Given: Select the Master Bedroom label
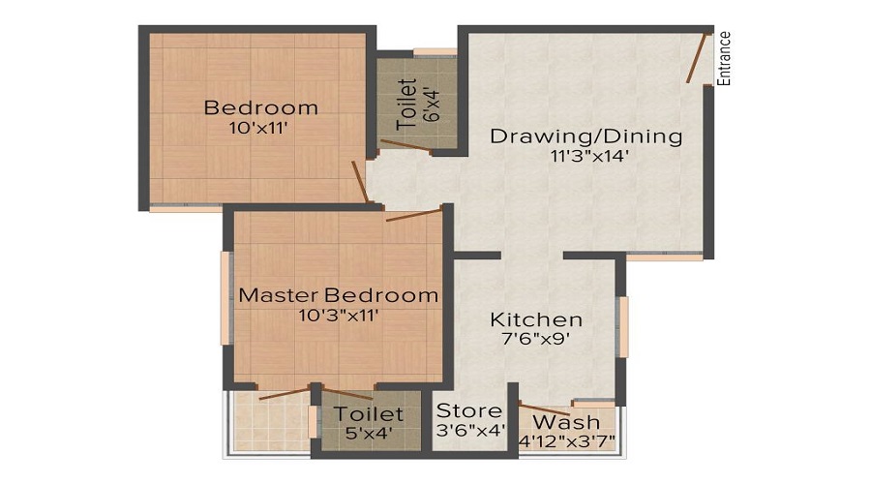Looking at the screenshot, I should tap(338, 295).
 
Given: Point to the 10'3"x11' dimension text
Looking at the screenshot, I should tap(338, 314).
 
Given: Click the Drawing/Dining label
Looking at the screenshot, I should tap(586, 136).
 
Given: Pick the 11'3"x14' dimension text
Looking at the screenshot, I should tap(586, 155).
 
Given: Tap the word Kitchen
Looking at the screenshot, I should tap(536, 319).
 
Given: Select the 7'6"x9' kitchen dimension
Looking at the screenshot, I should tap(536, 339).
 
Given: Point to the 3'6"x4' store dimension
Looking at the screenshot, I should tap(470, 431).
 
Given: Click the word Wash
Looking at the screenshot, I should tap(566, 423).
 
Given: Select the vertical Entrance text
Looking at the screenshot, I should tap(724, 58).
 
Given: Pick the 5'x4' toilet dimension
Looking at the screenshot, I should tap(368, 434).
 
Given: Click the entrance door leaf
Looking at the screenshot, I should tap(697, 58).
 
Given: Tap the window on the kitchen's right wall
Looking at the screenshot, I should tap(623, 326).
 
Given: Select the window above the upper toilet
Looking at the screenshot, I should tap(435, 51).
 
